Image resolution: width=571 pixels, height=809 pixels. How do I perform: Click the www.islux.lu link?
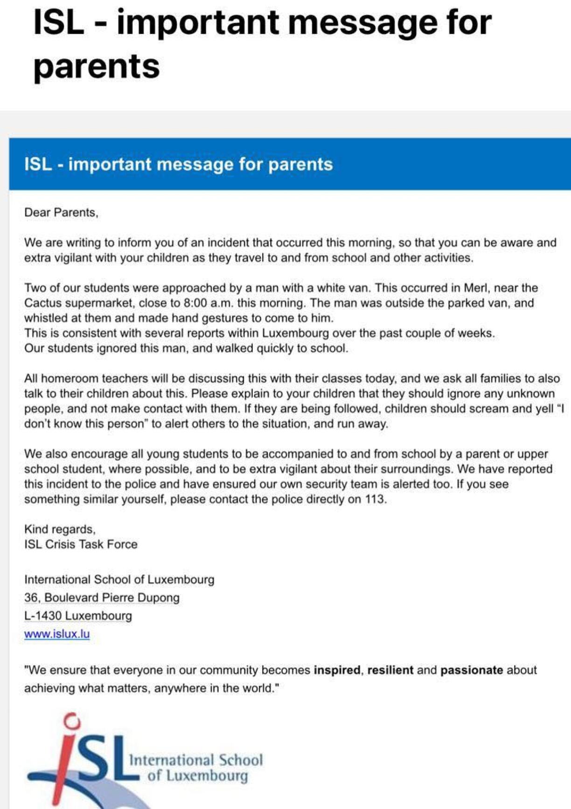click(57, 634)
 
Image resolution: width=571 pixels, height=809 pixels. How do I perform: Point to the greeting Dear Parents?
click(61, 213)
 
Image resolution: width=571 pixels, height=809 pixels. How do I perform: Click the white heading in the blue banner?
click(178, 164)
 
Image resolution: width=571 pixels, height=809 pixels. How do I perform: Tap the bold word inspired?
click(337, 670)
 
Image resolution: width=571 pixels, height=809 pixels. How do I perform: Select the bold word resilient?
click(390, 670)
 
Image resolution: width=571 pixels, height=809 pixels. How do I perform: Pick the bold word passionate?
click(472, 670)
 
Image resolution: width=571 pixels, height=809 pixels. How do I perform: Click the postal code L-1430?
click(43, 616)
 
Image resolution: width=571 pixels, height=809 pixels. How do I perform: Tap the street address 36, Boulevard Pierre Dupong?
click(102, 598)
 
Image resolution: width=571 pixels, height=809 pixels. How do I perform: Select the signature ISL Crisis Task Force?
click(81, 544)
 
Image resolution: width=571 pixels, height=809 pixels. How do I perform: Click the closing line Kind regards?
click(60, 530)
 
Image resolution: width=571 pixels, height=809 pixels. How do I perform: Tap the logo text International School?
click(196, 760)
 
